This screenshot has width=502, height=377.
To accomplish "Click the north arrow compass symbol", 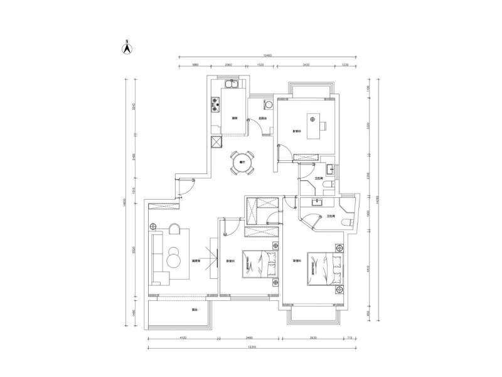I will (x=126, y=46).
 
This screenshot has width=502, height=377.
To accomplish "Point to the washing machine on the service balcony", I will (x=269, y=104).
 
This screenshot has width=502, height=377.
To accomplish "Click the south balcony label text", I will (x=178, y=310).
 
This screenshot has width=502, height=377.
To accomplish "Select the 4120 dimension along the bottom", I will (x=182, y=337).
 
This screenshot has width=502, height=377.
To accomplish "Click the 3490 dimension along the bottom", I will (x=249, y=337).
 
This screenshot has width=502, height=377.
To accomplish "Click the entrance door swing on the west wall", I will (x=185, y=183).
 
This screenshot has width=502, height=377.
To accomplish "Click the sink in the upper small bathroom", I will (x=329, y=168).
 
